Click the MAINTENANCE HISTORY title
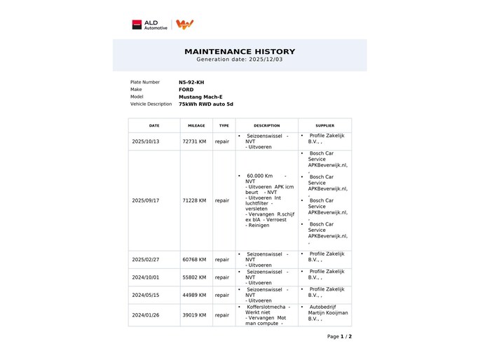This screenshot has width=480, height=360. click(x=240, y=51)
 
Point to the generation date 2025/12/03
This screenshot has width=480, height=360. click(x=240, y=60)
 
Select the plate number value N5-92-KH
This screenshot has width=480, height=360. click(x=191, y=82)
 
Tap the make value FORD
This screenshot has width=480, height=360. click(x=186, y=90)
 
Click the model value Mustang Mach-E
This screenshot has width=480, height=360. click(x=200, y=97)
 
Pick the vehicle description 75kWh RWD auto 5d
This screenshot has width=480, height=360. click(x=206, y=104)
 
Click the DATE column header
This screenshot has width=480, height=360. click(x=154, y=125)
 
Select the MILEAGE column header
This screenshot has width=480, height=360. click(x=197, y=125)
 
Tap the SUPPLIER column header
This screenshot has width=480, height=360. click(x=324, y=125)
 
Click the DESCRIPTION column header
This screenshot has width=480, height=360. click(x=266, y=125)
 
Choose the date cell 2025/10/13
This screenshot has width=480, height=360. click(x=146, y=141)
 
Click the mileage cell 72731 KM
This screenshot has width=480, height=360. click(x=194, y=141)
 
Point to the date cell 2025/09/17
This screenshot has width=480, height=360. click(x=146, y=200)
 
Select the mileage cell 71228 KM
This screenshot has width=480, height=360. click(x=194, y=200)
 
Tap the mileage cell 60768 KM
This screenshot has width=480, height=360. click(x=194, y=259)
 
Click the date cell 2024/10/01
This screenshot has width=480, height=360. click(x=146, y=277)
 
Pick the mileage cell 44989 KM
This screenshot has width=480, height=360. click(x=194, y=295)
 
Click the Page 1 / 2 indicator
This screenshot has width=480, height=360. click(x=339, y=336)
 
